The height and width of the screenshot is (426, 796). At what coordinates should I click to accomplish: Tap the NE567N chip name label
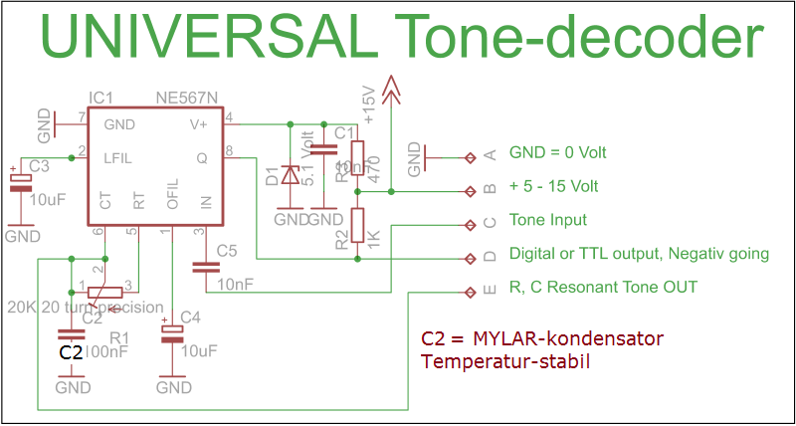click(x=187, y=99)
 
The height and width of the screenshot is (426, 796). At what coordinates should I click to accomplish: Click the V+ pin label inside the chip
click(x=198, y=124)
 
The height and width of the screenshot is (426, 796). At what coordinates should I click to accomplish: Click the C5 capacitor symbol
click(x=206, y=266)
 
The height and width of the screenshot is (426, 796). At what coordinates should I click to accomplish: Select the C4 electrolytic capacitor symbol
click(x=173, y=331)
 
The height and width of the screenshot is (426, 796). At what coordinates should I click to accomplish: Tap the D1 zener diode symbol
click(x=290, y=174)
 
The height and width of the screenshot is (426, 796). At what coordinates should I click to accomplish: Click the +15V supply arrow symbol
click(x=392, y=92)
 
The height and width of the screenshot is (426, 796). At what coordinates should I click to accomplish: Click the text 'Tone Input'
click(x=547, y=220)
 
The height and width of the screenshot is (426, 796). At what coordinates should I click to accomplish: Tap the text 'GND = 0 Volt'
click(x=557, y=153)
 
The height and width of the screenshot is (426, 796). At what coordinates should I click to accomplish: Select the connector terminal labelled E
click(x=470, y=292)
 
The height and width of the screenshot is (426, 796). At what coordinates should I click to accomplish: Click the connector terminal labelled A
click(x=470, y=156)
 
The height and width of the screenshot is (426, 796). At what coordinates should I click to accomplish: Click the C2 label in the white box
click(x=70, y=351)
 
